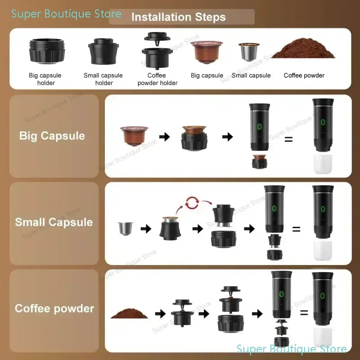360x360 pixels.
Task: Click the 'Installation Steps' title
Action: point(178,18)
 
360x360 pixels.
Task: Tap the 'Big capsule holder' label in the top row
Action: point(45,79)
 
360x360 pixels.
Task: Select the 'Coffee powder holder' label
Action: point(157,79)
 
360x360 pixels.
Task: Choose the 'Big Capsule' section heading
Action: point(52,136)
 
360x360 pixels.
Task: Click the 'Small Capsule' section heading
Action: point(54,222)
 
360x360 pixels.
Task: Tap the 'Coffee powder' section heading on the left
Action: point(54,309)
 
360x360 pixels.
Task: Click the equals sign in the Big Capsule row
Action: point(288,139)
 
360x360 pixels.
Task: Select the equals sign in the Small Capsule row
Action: point(296,229)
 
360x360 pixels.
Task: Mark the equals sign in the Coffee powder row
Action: point(304,313)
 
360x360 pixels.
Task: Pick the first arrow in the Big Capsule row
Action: point(165,136)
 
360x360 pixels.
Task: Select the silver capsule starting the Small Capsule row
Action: point(124,228)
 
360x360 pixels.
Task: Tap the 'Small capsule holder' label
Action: point(103,79)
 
